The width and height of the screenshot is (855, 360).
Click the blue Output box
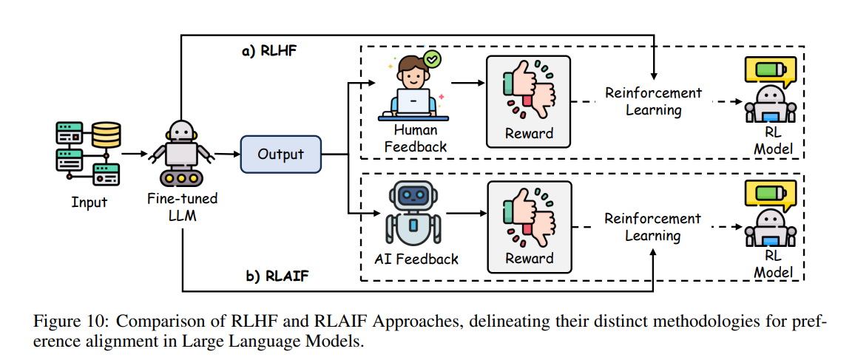[280, 154]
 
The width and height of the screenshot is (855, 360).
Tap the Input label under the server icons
[89, 202]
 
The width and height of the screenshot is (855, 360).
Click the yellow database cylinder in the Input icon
[106, 135]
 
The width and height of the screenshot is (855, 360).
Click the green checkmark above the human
[430, 56]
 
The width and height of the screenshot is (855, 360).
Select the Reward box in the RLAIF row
[529, 225]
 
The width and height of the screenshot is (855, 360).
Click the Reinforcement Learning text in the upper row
[653, 101]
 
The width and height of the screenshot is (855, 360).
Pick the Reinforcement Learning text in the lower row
[652, 227]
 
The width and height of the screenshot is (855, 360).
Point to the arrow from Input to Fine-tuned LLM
[134, 154]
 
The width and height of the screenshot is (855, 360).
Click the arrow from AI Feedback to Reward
[464, 214]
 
